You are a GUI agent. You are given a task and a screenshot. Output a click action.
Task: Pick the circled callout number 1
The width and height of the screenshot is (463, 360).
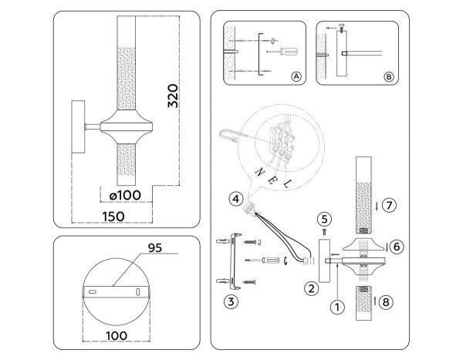click(x=336, y=305)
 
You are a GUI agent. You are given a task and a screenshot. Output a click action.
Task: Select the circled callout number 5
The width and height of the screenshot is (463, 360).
click(x=325, y=218)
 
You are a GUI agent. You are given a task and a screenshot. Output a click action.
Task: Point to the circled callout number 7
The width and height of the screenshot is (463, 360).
click(x=389, y=205)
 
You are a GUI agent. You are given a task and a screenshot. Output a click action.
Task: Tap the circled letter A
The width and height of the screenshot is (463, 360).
click(x=296, y=77)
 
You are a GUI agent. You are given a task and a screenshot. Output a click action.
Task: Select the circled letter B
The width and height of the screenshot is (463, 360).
click(x=389, y=77)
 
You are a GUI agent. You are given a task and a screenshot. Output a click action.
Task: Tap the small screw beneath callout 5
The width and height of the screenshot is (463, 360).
click(x=325, y=230)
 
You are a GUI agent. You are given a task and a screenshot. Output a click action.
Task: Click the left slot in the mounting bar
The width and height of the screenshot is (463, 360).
click(x=94, y=293)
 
